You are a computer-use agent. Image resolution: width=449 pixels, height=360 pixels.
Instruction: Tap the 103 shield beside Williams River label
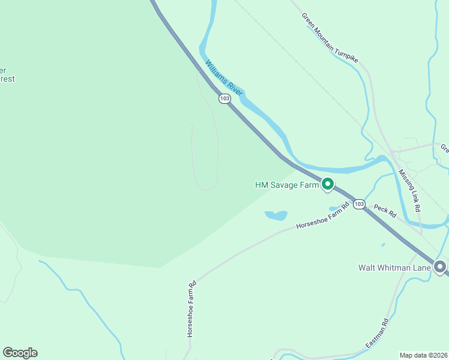point(224,98)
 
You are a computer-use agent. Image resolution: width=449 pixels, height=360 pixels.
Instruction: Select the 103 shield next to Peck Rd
point(359,204)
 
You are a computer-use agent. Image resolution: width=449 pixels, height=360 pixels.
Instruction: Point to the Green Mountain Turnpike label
point(330,38)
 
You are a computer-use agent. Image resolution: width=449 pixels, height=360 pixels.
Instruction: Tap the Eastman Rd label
point(378,334)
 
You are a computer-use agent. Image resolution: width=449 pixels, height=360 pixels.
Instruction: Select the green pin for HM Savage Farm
point(327,184)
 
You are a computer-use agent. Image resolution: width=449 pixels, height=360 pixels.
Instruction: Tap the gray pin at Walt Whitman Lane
point(440,266)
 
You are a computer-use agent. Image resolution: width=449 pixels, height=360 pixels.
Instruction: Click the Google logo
point(20,353)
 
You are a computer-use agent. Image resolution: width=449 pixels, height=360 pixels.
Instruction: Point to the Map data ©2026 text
point(423,355)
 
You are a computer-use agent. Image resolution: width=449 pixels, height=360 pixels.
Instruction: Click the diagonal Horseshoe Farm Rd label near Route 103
point(322,217)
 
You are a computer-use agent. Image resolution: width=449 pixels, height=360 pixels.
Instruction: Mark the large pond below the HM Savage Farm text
point(276,215)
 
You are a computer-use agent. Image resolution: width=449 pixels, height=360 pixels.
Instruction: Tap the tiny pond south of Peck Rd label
point(383,245)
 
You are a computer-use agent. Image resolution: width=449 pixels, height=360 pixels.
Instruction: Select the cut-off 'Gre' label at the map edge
point(444,148)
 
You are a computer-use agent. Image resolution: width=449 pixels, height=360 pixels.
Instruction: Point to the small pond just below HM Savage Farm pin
point(334,209)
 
